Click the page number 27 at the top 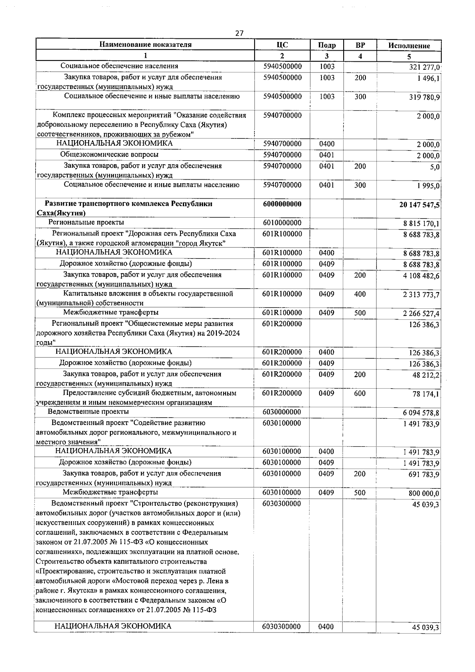tap(239, 33)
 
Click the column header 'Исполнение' tap(409, 46)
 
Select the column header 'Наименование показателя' tap(145, 45)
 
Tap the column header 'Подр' tap(327, 46)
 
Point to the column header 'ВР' tap(360, 45)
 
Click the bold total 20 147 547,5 tap(420, 205)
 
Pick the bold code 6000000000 tap(282, 204)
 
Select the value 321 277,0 tap(425, 67)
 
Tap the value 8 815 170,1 tap(421, 224)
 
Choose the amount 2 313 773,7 tap(421, 295)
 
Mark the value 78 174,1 tap(426, 395)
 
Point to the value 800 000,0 tap(424, 494)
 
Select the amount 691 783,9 tap(424, 475)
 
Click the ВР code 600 tap(360, 393)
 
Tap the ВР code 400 tap(360, 294)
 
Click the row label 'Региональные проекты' tap(86, 223)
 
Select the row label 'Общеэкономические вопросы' tap(109, 155)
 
